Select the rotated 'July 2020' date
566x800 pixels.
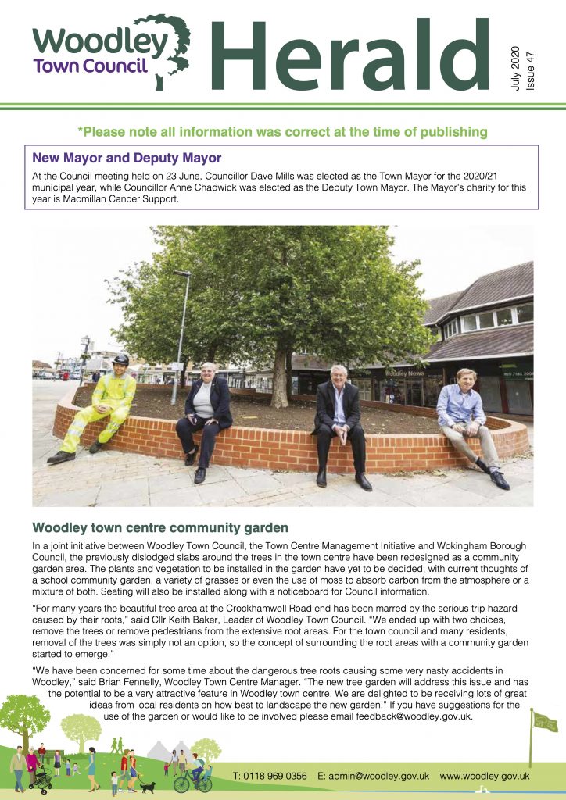514,66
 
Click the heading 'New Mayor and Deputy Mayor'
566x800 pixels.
127,159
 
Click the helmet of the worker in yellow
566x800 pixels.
120,360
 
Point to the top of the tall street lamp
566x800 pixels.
183,273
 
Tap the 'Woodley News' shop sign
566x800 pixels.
405,373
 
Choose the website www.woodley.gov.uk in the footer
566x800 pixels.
485,776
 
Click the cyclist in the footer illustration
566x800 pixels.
194,773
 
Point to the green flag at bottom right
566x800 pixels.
544,721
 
